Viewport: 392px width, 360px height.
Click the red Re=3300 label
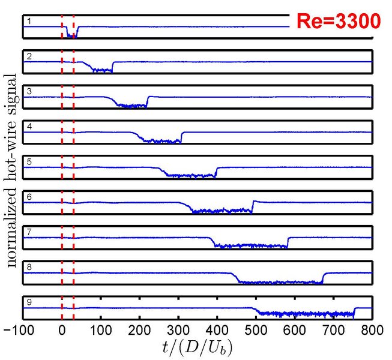pyautogui.click(x=338, y=22)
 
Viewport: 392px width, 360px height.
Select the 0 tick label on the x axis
pyautogui.click(x=62, y=329)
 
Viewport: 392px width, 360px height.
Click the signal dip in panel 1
pyautogui.click(x=71, y=34)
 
